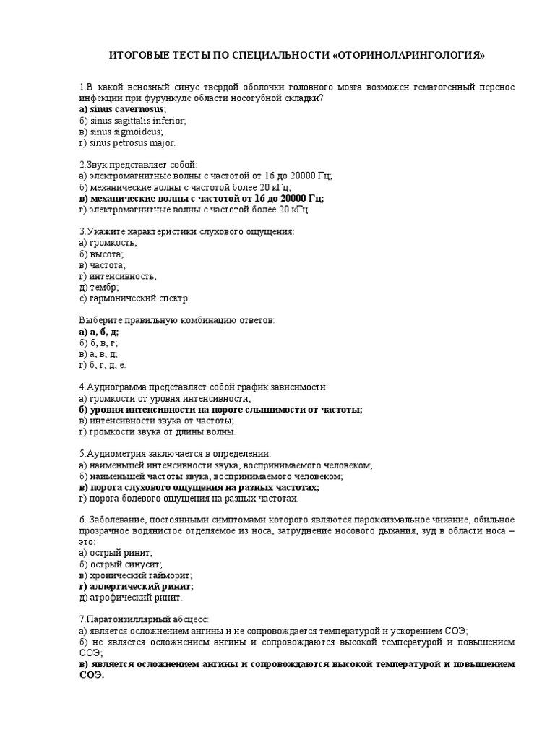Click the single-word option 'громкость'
(108, 243)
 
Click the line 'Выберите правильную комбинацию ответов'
(176, 320)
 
